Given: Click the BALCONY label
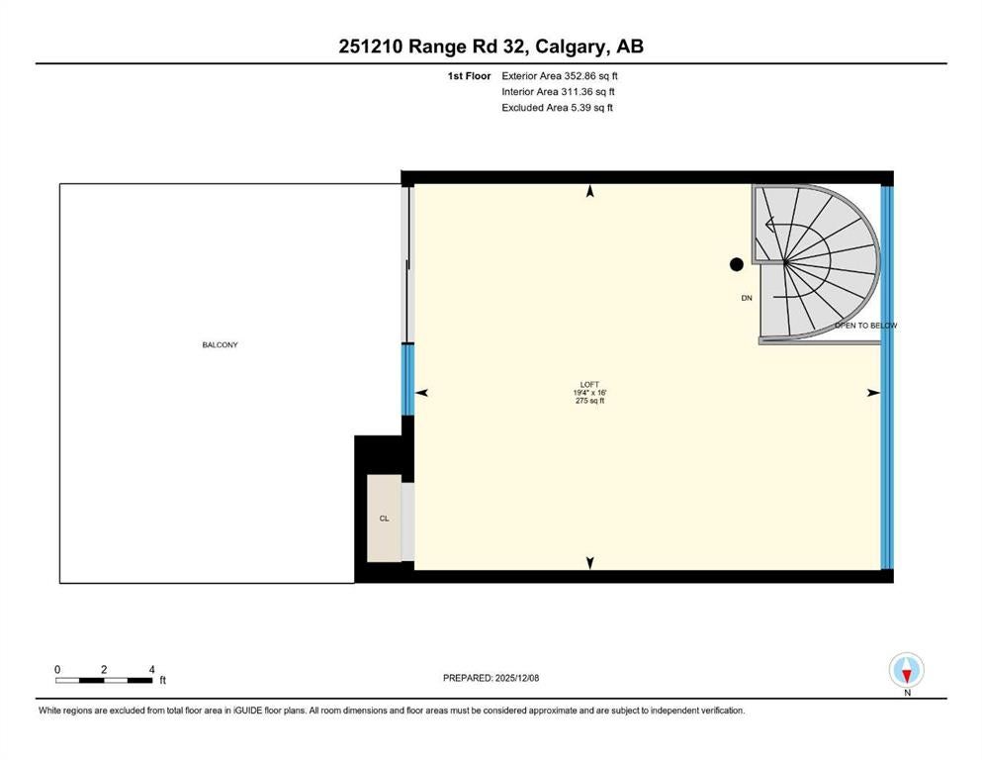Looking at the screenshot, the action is click(x=220, y=344).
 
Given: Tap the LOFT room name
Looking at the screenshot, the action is click(x=589, y=385).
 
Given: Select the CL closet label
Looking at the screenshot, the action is click(x=384, y=519).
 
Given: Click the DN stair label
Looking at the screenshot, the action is click(x=747, y=298).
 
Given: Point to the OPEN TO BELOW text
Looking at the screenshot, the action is click(x=865, y=326).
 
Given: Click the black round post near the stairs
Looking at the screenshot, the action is click(x=737, y=264).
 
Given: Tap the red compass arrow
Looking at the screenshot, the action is click(x=907, y=676).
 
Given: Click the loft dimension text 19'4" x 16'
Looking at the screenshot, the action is click(x=589, y=393).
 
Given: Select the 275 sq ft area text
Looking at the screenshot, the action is click(x=589, y=401).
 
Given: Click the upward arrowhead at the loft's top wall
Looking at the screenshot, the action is click(x=589, y=192).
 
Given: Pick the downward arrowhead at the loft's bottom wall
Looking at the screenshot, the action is click(x=589, y=563).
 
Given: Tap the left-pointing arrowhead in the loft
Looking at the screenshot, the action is click(x=421, y=393).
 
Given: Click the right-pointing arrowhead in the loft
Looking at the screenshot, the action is click(x=873, y=393).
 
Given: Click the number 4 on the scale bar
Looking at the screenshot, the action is click(x=151, y=670).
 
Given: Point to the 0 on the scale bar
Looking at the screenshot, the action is click(x=57, y=670).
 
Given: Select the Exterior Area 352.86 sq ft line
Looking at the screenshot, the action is click(x=560, y=76).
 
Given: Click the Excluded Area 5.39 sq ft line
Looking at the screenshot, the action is click(x=557, y=108).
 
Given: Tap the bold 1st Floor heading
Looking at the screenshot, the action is click(x=469, y=76).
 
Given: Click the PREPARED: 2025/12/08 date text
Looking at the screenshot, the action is click(x=491, y=678).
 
